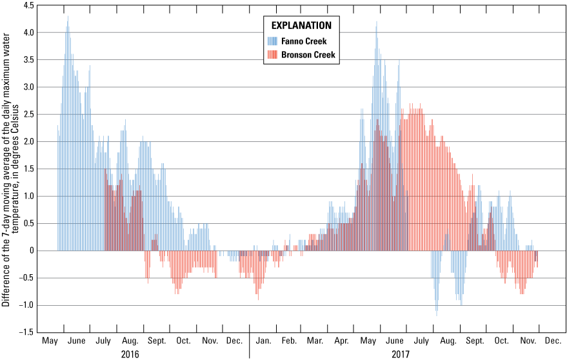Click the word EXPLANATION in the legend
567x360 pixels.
[301, 26]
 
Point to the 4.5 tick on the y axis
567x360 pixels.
[28, 5]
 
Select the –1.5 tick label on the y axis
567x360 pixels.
[26, 332]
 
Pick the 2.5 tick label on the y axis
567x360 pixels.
[28, 114]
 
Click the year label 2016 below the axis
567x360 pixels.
[130, 354]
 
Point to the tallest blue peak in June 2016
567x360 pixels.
[68, 17]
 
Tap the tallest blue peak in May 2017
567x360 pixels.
[377, 23]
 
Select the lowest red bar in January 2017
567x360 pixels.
[258, 299]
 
